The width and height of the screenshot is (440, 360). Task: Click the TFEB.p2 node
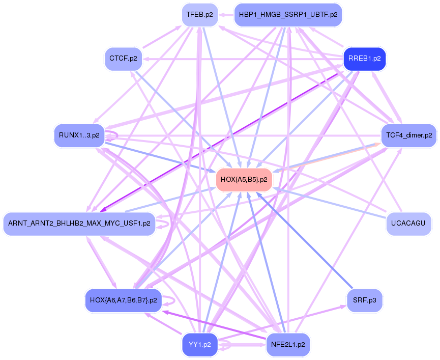(x=199, y=15)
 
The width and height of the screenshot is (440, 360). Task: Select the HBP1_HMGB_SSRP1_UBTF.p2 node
(x=288, y=15)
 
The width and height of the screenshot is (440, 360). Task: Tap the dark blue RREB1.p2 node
(x=364, y=59)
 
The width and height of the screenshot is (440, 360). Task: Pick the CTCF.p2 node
(x=123, y=59)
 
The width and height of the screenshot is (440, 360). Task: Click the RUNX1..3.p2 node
(x=79, y=135)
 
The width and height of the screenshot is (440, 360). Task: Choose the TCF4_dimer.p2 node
(x=408, y=135)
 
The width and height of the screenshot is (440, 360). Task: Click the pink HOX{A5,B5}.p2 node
(x=244, y=179)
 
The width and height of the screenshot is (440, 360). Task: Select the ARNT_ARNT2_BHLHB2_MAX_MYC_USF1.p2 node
(x=79, y=224)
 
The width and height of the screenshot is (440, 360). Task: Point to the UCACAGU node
(x=408, y=223)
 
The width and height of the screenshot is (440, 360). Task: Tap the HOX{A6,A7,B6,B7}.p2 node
(x=123, y=300)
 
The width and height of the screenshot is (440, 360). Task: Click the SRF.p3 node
(x=364, y=300)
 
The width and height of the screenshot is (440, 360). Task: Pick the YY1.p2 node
(x=199, y=344)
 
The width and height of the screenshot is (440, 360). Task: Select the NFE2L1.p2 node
(x=288, y=344)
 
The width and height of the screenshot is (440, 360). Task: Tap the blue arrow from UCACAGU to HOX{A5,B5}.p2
(x=331, y=204)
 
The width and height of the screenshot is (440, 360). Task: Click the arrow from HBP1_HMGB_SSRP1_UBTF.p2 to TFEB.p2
(x=226, y=15)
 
